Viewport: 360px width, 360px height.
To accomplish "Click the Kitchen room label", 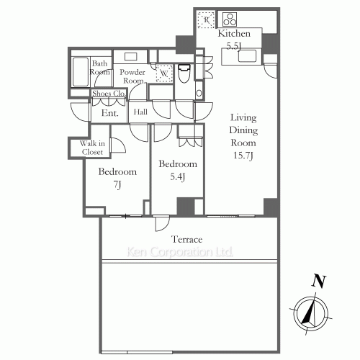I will point(234,34).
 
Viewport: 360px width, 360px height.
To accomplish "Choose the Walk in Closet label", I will point(92,148).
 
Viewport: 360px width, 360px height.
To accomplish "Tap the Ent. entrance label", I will point(109,114).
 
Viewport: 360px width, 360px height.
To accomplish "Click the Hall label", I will point(140,113).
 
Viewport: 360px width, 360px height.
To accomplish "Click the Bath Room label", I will point(99,68).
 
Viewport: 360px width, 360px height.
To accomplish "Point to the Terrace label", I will point(186,240).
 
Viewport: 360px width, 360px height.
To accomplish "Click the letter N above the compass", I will point(315,282).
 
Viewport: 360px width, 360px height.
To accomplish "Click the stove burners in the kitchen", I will point(231,18).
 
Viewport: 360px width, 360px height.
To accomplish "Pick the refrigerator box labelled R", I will point(207,19).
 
